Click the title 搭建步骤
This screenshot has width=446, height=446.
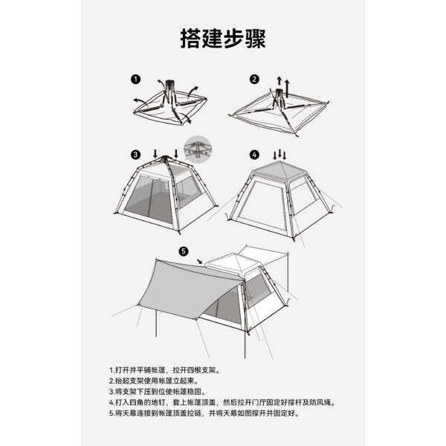pos(223,39)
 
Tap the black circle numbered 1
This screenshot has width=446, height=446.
pos(136,79)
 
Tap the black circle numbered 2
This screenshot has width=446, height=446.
pos(254,79)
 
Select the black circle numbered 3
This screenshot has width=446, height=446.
pos(136,155)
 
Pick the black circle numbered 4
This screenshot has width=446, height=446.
pos(254,155)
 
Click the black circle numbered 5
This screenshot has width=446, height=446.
pos(184,251)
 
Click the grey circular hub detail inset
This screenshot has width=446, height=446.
pos(198,149)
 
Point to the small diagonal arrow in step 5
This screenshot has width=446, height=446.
pos(200,261)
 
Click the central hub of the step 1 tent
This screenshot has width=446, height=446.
pos(170,85)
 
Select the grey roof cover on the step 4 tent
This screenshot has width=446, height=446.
pos(280,170)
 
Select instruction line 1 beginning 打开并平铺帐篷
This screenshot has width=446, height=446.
pos(165,370)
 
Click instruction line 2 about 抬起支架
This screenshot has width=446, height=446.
pos(154,381)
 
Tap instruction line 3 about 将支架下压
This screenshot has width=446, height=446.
pos(158,392)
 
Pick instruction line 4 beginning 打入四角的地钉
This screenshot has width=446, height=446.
pos(222,402)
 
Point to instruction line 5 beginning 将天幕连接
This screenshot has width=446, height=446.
pos(204,413)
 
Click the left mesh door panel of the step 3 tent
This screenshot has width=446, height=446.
pos(149,199)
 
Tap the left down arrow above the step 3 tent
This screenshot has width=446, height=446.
pos(155,154)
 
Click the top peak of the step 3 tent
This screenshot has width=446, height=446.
pos(165,157)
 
